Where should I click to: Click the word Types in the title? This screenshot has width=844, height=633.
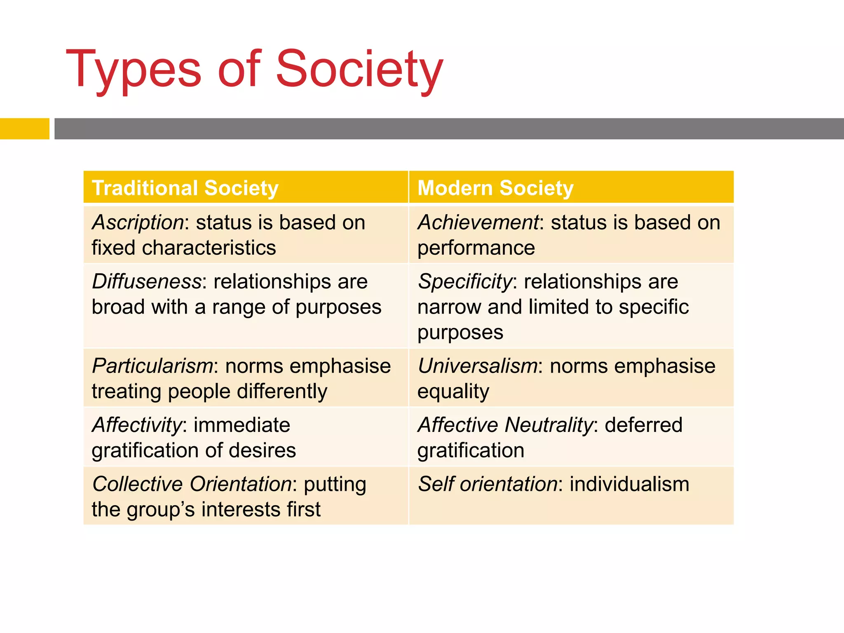134,69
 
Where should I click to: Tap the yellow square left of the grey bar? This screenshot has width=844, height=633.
24,129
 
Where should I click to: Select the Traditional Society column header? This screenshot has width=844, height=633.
185,188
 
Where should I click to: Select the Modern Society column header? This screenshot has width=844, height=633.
495,188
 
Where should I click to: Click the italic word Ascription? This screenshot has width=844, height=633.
138,223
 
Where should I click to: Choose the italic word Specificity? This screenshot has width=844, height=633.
465,281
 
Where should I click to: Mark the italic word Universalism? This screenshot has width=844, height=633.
478,366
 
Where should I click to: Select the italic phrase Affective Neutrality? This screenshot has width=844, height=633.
505,425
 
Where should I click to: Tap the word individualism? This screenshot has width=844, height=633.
629,484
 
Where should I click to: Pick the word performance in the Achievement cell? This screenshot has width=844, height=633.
476,248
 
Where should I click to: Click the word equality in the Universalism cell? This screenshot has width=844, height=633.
453,392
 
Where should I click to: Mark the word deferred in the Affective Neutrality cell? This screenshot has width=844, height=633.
643,425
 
